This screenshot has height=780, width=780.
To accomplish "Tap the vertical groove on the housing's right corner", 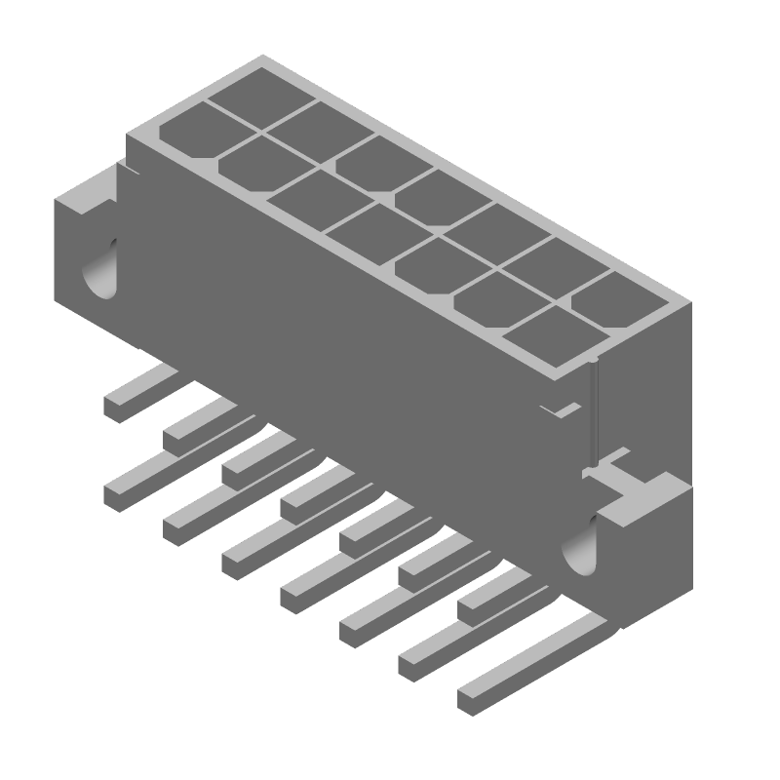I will pos(592,409).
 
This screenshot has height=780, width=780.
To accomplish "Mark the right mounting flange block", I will pos(639,556).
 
